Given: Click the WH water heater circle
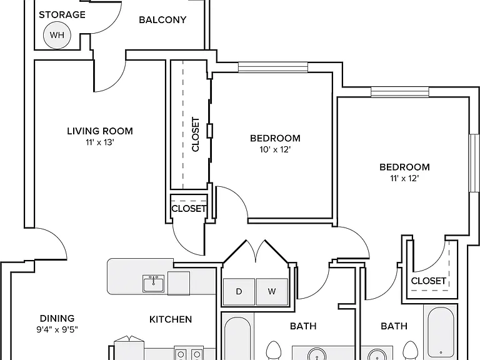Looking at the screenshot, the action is point(57,35).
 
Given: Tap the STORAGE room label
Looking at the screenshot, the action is point(62,15).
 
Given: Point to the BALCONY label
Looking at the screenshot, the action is point(162,20).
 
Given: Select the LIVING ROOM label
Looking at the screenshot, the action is point(100,131).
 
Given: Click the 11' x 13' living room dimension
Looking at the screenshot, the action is point(100,142).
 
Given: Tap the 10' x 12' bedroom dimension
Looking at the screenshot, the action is point(275,150).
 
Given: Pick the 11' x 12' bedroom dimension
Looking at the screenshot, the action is point(404,179).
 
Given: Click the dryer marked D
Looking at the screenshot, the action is point(239,292).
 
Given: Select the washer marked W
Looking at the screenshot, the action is point(272,292).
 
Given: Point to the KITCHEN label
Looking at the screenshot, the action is point(171,319).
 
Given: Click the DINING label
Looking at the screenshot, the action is point(57,318).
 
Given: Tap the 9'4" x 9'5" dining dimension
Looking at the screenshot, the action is point(57,330).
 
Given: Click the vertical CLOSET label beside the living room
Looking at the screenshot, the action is point(195,134).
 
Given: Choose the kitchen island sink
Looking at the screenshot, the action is point(153,283).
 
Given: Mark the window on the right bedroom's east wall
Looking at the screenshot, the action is point(474,163).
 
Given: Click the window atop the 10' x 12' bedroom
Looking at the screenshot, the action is point(273,67).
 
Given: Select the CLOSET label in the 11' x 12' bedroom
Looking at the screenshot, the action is point(428,281).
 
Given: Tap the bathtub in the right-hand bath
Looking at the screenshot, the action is point(441,332).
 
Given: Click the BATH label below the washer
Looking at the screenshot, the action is point(303,326).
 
